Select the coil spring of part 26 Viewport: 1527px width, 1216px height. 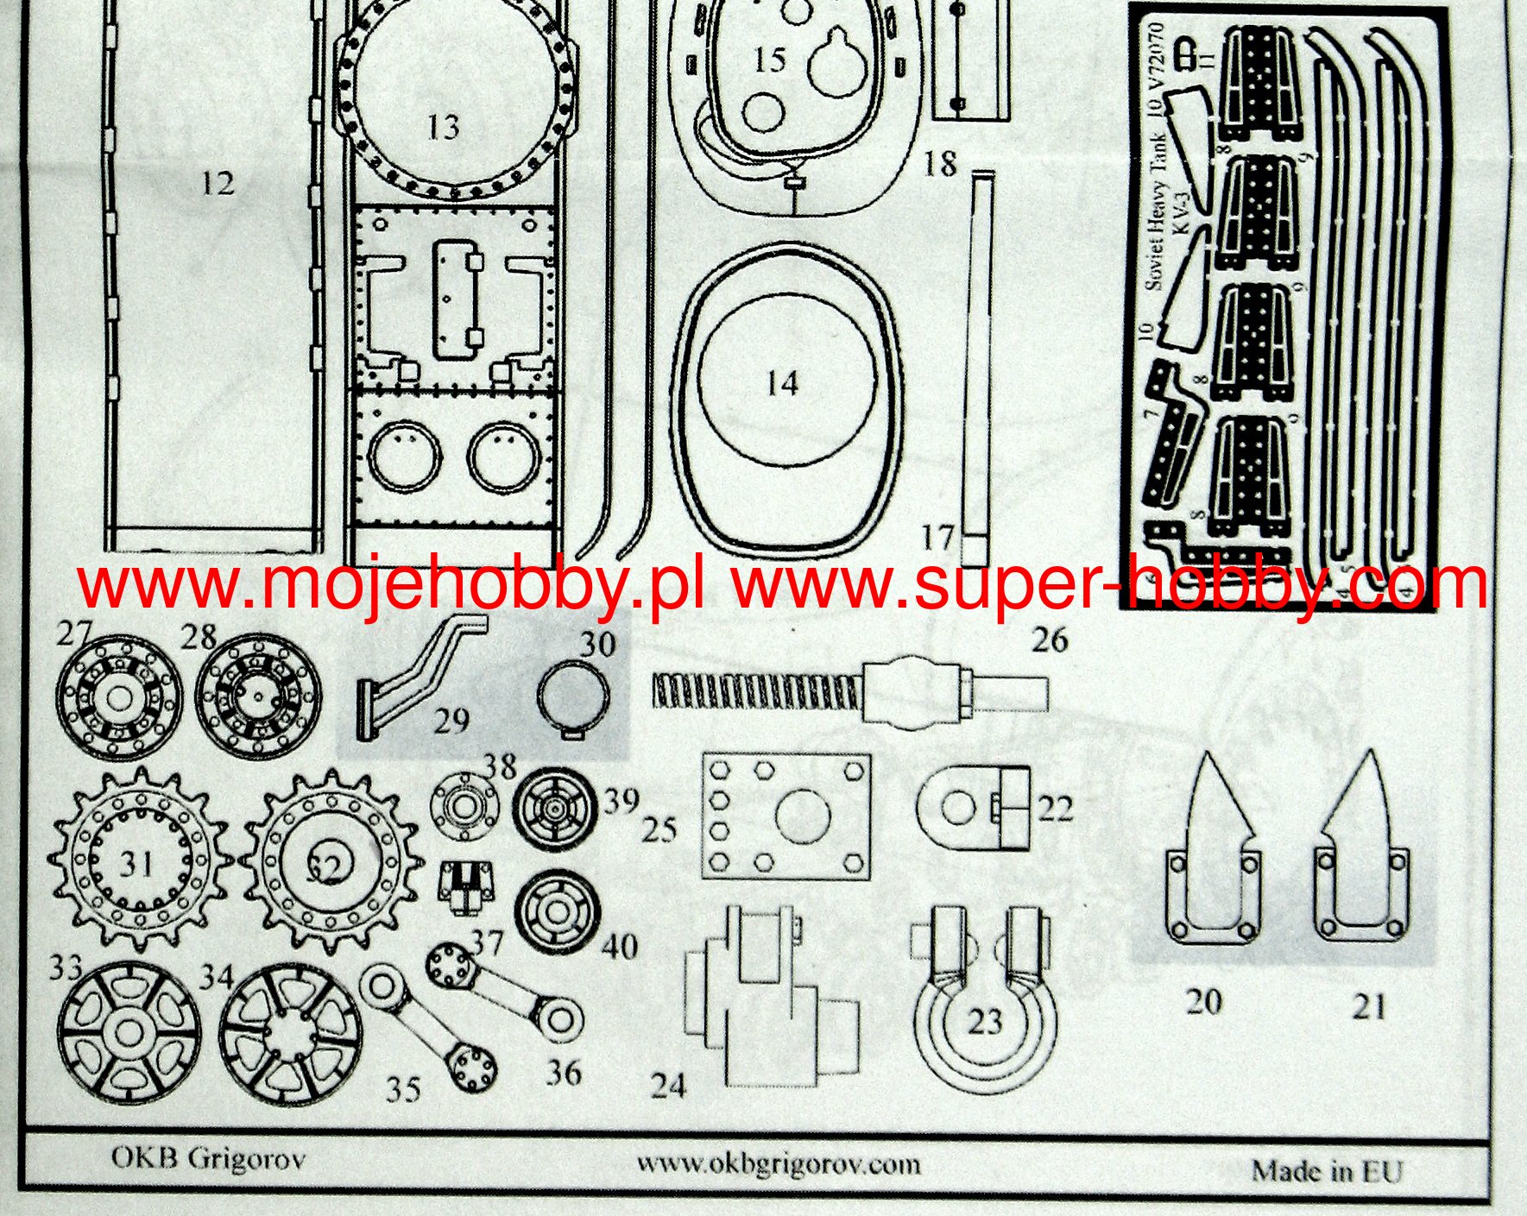click(755, 698)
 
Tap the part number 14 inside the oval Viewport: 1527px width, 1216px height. click(782, 384)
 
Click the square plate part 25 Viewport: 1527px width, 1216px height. click(786, 816)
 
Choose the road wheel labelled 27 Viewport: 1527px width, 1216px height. click(118, 697)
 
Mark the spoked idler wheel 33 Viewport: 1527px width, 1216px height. click(129, 1030)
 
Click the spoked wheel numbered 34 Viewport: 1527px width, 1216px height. click(289, 1032)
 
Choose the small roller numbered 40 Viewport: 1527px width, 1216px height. click(556, 910)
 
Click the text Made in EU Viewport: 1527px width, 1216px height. click(1328, 1170)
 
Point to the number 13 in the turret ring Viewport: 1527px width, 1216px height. click(443, 127)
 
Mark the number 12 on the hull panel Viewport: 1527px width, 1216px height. click(218, 183)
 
